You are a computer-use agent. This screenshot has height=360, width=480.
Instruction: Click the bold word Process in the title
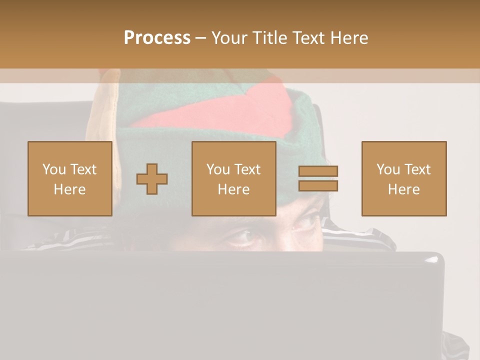point(157,38)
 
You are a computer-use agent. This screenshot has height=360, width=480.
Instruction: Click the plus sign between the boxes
point(152,179)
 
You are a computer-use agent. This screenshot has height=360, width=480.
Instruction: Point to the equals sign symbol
point(318,178)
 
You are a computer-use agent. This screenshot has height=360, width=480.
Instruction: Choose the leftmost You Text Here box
point(69,178)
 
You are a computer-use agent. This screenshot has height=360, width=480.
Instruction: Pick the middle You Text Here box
point(233,178)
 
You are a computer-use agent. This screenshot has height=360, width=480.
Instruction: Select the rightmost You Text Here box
point(403,178)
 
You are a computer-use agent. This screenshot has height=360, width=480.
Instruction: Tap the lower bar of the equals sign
point(318,186)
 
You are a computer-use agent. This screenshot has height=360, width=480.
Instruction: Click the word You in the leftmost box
point(54,169)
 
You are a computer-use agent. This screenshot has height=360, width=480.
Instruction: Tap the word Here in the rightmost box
point(403,189)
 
